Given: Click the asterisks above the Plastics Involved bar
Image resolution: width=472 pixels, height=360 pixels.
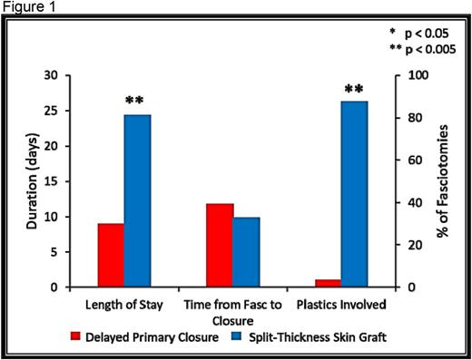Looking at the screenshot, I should point(355,89).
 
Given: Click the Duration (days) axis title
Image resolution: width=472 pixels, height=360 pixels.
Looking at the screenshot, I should point(29,180).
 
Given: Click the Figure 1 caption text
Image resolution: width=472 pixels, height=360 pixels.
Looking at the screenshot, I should point(26,7).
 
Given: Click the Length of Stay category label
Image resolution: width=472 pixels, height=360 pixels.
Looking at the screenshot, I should point(125,304).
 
